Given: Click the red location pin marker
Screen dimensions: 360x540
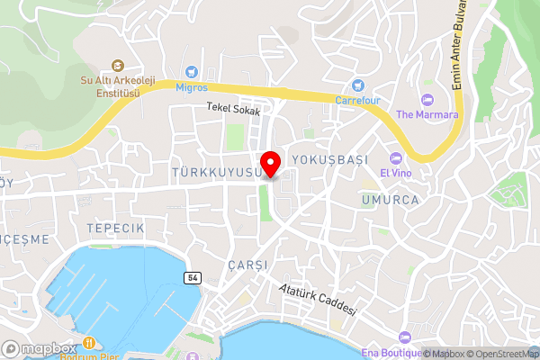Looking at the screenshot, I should point(269,164).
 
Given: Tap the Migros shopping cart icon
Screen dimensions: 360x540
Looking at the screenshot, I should point(191,72).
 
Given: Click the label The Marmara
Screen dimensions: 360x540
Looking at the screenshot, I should point(427,114).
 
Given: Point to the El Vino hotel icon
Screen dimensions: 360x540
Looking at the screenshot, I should point(395,157).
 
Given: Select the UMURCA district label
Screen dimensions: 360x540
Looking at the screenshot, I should point(390,200).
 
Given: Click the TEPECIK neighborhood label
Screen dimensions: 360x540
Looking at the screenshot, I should point(116,229).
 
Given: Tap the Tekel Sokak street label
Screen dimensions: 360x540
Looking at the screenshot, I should point(232,110).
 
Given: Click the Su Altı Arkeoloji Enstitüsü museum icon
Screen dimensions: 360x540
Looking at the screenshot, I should point(118,65).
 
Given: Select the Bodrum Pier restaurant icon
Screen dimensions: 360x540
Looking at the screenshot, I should point(90,341).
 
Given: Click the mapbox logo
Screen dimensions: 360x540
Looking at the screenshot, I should point(39,348).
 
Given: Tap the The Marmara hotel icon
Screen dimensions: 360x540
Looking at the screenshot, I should point(427,98).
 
